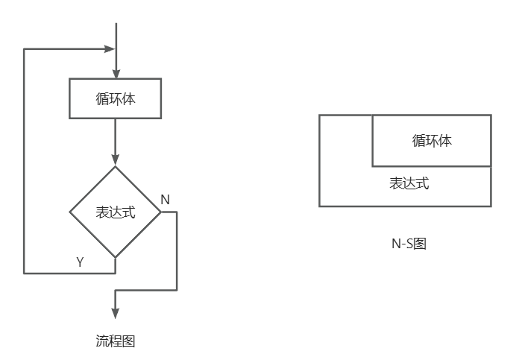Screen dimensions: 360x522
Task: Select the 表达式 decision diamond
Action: (116, 212)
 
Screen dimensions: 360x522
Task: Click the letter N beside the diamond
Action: (165, 200)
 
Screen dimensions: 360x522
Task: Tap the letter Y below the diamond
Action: (80, 262)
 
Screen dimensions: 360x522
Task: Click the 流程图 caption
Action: (116, 341)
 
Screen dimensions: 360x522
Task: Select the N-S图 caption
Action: (409, 243)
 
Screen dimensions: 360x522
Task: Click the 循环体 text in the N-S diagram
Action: (432, 140)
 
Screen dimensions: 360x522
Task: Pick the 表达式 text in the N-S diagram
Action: (409, 183)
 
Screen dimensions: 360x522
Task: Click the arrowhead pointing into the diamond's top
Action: (116, 160)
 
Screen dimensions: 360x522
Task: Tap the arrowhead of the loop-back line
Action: (110, 50)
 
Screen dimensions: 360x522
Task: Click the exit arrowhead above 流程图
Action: (116, 313)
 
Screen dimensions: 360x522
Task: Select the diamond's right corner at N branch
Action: (160, 212)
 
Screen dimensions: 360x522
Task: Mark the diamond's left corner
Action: (71, 212)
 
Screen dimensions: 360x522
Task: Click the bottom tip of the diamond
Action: (116, 257)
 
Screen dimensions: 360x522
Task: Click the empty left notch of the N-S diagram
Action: (345, 140)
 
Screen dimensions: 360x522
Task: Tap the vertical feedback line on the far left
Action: (24, 160)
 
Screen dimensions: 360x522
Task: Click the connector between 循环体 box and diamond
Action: (116, 138)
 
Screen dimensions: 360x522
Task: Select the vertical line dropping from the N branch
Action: (177, 250)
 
